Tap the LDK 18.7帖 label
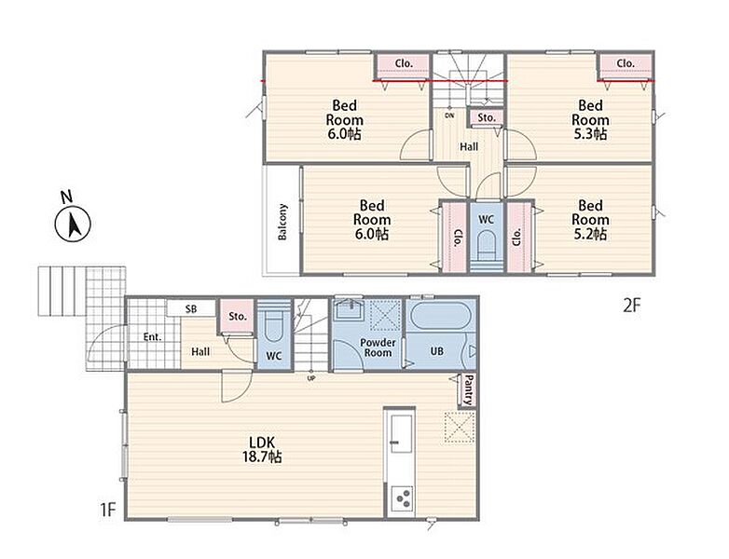[262, 449]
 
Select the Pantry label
[469, 389]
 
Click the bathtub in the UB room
[440, 316]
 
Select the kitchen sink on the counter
[401, 433]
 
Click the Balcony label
[282, 222]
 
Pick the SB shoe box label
[191, 308]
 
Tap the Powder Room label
[378, 348]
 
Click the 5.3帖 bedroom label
[590, 119]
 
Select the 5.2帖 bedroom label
[590, 219]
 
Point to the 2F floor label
[632, 306]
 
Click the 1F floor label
[107, 510]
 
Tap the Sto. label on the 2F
[487, 118]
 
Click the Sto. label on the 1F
[238, 317]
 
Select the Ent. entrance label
[152, 337]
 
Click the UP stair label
[311, 378]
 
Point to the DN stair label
[449, 116]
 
